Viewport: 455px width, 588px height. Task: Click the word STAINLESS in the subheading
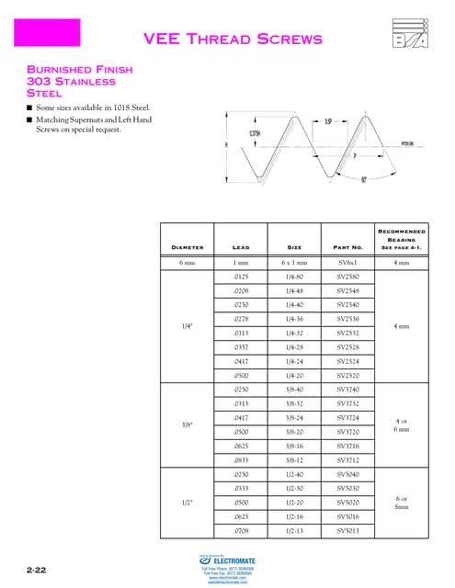85,81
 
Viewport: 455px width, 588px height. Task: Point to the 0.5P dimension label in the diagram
328,121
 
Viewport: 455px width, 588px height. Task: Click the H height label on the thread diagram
225,144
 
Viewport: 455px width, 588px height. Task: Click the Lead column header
241,246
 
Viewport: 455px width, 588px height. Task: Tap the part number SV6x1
347,263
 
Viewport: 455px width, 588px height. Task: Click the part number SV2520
347,376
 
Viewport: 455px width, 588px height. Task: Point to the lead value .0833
241,459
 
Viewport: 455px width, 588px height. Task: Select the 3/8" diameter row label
187,424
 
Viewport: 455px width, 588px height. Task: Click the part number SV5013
347,531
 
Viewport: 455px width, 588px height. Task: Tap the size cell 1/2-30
294,488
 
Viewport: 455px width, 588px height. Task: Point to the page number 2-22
37,571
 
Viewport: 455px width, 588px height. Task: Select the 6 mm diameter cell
187,263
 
